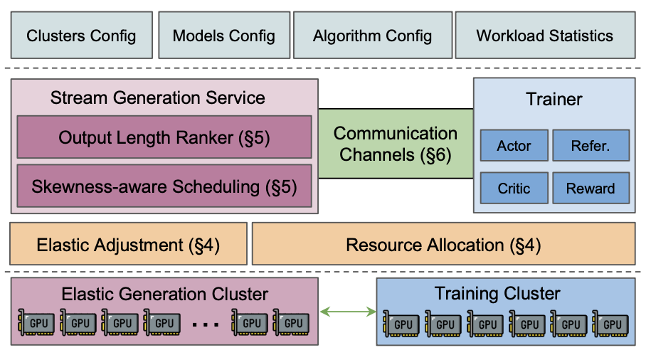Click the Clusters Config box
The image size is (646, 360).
coord(81,35)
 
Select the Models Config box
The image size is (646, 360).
coord(223,35)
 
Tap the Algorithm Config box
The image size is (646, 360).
coord(371,35)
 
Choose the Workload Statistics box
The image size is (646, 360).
coord(544,35)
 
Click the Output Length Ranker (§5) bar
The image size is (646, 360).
coord(164,137)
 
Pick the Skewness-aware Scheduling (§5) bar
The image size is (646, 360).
coord(164,186)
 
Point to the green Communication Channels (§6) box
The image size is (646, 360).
coord(396,144)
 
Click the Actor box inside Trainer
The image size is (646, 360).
coord(514,146)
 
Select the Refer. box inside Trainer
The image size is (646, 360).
coord(591,146)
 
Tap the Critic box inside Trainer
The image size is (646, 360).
coord(514,188)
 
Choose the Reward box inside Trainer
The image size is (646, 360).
coord(591,188)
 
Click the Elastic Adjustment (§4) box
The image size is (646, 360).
coord(128,245)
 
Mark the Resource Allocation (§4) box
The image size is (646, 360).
coord(443,245)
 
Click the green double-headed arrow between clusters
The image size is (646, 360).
coord(348,312)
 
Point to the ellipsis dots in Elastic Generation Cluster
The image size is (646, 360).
coord(205,324)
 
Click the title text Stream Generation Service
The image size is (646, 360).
coord(157,97)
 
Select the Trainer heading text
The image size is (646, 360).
coord(554,99)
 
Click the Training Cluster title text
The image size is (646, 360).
coord(497,293)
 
